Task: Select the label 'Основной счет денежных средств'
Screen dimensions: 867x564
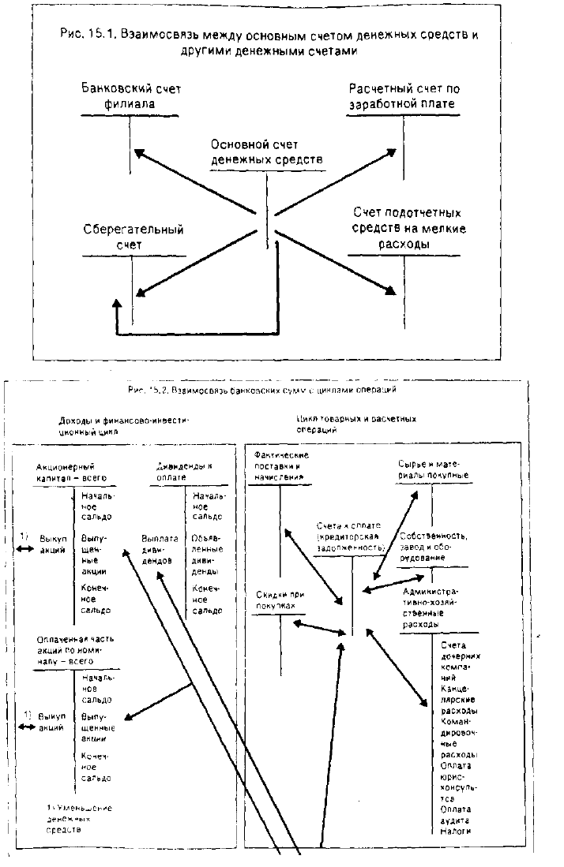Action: coord(267,151)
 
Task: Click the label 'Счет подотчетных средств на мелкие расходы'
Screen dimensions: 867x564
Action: coord(408,229)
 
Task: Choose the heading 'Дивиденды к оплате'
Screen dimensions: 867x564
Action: coord(184,472)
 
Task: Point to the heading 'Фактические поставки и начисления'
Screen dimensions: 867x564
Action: coord(281,466)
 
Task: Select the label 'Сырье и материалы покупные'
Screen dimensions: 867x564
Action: coord(434,469)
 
